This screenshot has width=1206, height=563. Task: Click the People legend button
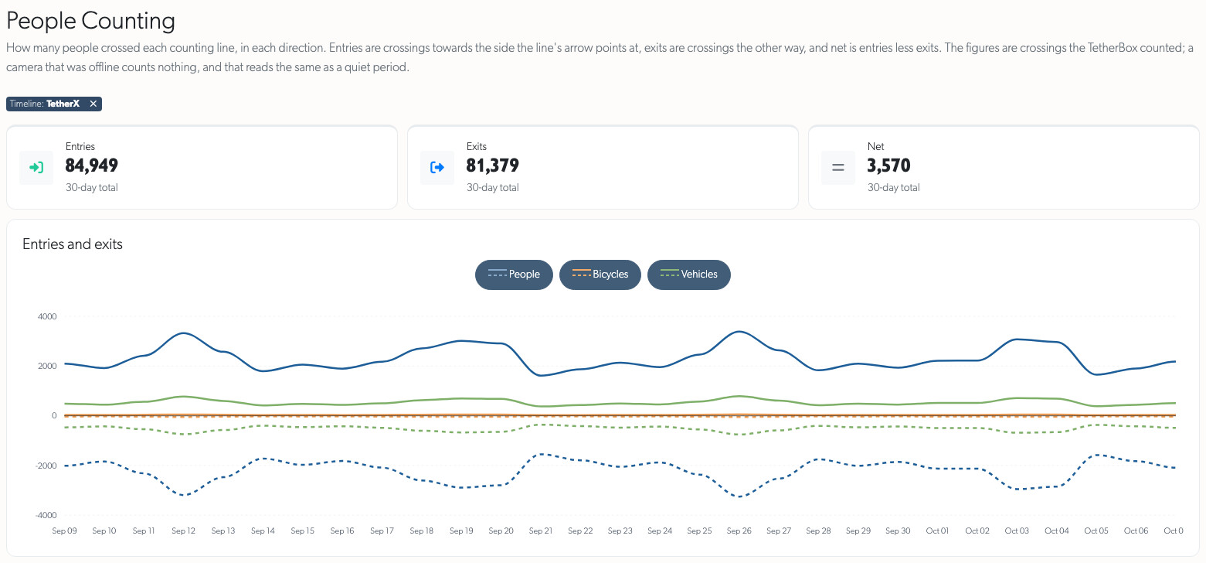point(514,275)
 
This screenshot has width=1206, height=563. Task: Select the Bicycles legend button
point(600,275)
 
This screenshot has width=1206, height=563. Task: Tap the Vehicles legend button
point(688,275)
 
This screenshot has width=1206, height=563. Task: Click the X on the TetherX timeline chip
point(93,104)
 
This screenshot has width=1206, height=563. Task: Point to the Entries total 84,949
point(91,165)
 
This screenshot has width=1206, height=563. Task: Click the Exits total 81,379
point(493,165)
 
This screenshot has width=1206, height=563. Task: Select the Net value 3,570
point(889,165)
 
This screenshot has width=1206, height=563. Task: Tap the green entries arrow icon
point(36,168)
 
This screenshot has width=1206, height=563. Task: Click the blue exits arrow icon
point(437,168)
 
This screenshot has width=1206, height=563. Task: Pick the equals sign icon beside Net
point(838,168)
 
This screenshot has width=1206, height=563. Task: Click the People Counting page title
point(90,21)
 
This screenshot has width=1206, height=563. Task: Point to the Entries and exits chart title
point(73,244)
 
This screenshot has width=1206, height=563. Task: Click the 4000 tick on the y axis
point(47,316)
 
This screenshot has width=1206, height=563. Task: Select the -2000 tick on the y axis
point(46,466)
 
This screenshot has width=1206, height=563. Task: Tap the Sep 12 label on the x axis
point(183,531)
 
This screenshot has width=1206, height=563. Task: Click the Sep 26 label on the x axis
point(739,531)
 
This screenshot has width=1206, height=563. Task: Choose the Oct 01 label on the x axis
point(937,531)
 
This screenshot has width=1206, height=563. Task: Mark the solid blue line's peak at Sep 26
point(740,332)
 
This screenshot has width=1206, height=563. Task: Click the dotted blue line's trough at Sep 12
point(183,495)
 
